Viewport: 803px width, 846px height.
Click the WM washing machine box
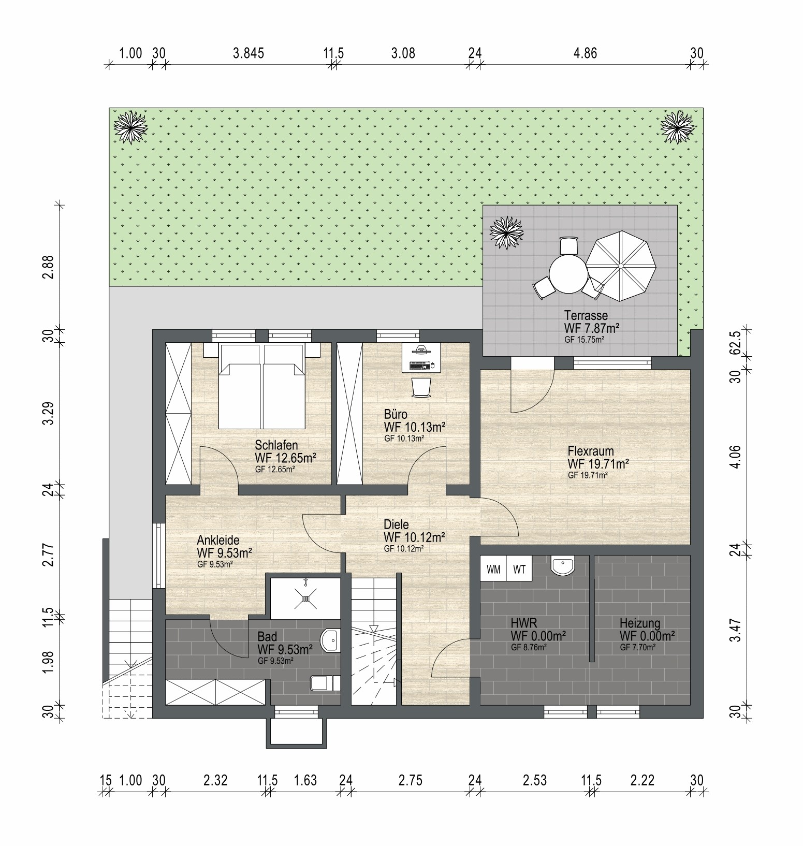[493, 570]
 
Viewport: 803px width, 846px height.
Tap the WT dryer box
[519, 570]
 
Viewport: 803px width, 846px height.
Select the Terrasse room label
[586, 315]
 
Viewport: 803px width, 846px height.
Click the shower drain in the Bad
[305, 599]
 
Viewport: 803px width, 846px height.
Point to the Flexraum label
[590, 451]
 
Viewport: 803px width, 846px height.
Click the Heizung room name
[640, 623]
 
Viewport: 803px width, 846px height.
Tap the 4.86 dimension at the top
[585, 53]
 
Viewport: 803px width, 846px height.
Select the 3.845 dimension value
[249, 53]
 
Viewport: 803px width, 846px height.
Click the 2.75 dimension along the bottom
[410, 780]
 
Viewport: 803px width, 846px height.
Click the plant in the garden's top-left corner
[131, 127]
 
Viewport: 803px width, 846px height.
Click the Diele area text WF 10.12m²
[415, 537]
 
